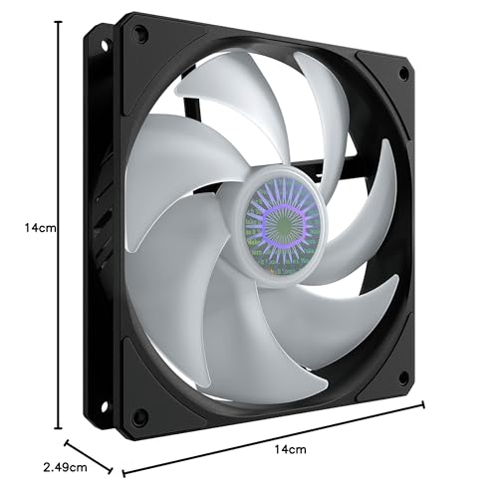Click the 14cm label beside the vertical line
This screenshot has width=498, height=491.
pyautogui.click(x=41, y=227)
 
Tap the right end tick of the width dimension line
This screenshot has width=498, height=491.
pyautogui.click(x=424, y=403)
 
